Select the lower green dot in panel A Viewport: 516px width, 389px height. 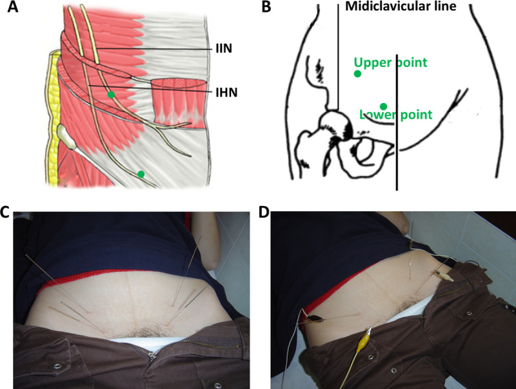(141, 174)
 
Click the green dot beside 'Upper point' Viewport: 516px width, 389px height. (357, 74)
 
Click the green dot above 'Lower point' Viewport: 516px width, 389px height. (383, 106)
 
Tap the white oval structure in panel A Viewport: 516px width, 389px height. (65, 136)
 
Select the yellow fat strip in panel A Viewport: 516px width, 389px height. (47, 116)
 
